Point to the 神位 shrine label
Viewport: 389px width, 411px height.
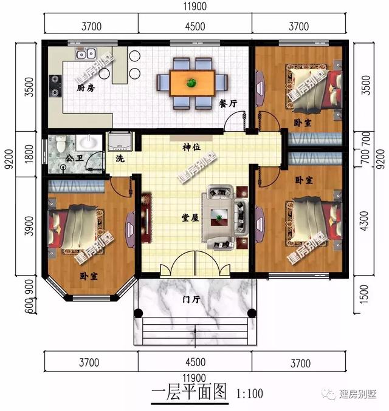(191, 147)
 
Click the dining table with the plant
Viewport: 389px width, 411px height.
(192, 83)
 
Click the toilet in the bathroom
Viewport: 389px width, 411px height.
(61, 144)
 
